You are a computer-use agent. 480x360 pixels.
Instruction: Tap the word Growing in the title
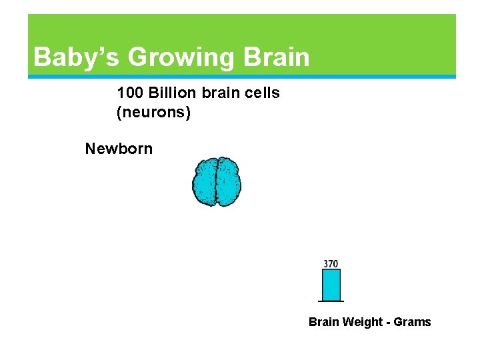click(181, 57)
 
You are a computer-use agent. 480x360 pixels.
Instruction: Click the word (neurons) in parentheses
click(153, 113)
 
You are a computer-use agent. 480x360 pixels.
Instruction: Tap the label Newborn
click(119, 149)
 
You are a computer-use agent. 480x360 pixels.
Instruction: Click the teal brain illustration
click(217, 182)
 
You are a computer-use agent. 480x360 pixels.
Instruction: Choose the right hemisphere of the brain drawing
click(229, 182)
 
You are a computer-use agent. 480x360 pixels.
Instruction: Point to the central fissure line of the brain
click(217, 182)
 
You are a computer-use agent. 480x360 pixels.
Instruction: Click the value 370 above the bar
click(331, 264)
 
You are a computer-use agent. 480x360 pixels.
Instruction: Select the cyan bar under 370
click(331, 285)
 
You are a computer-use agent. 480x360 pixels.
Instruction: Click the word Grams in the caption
click(413, 322)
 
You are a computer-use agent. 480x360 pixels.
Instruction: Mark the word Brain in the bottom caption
click(324, 322)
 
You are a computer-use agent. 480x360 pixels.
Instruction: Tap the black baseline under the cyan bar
click(331, 301)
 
